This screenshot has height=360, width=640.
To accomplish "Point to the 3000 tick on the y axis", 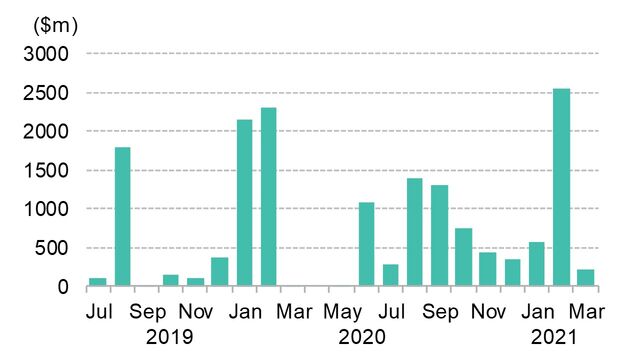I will pos(49,54).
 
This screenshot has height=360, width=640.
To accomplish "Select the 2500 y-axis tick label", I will pos(49,93).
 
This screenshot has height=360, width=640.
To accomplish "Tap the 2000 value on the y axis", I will pos(49,132).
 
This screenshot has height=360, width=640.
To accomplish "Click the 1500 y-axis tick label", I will pos(49,171).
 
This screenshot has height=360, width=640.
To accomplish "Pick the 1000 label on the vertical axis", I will pos(49,209).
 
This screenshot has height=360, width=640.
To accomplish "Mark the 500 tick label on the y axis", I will pos(54,248).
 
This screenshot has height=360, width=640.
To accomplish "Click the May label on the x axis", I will pos(342,311).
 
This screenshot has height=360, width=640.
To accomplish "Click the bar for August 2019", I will pos(123,217).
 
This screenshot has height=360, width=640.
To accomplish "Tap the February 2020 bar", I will pos(269,197).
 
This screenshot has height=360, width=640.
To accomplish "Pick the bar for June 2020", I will pos(366,245).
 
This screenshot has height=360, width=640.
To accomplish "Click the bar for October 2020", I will pos(464,257).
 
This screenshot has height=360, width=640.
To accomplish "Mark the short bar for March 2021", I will pos(586,278).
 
